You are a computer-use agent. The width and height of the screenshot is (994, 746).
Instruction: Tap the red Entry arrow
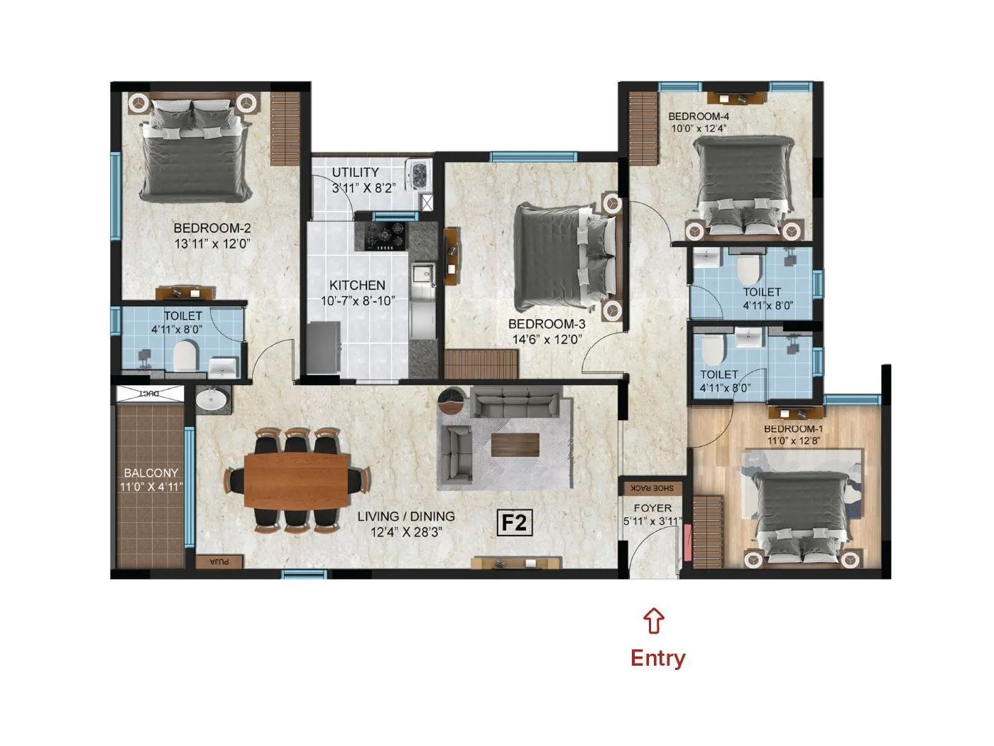click(654, 620)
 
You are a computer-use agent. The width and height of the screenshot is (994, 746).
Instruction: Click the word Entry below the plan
click(657, 658)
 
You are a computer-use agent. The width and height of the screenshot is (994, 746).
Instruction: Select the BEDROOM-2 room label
click(212, 229)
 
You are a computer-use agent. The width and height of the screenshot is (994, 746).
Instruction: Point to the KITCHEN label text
click(357, 286)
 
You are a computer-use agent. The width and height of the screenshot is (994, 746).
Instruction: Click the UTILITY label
click(356, 173)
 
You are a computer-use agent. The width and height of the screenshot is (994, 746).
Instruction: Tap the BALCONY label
click(151, 472)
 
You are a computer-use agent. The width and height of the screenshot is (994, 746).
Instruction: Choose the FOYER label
click(652, 508)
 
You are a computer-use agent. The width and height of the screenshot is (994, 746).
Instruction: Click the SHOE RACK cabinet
click(652, 489)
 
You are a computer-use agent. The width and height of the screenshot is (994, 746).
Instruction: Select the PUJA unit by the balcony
click(220, 561)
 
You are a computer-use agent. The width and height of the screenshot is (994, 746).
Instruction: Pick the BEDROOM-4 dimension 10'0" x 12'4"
click(699, 129)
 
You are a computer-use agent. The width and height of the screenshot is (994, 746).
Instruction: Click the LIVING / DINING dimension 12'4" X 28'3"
click(406, 532)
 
